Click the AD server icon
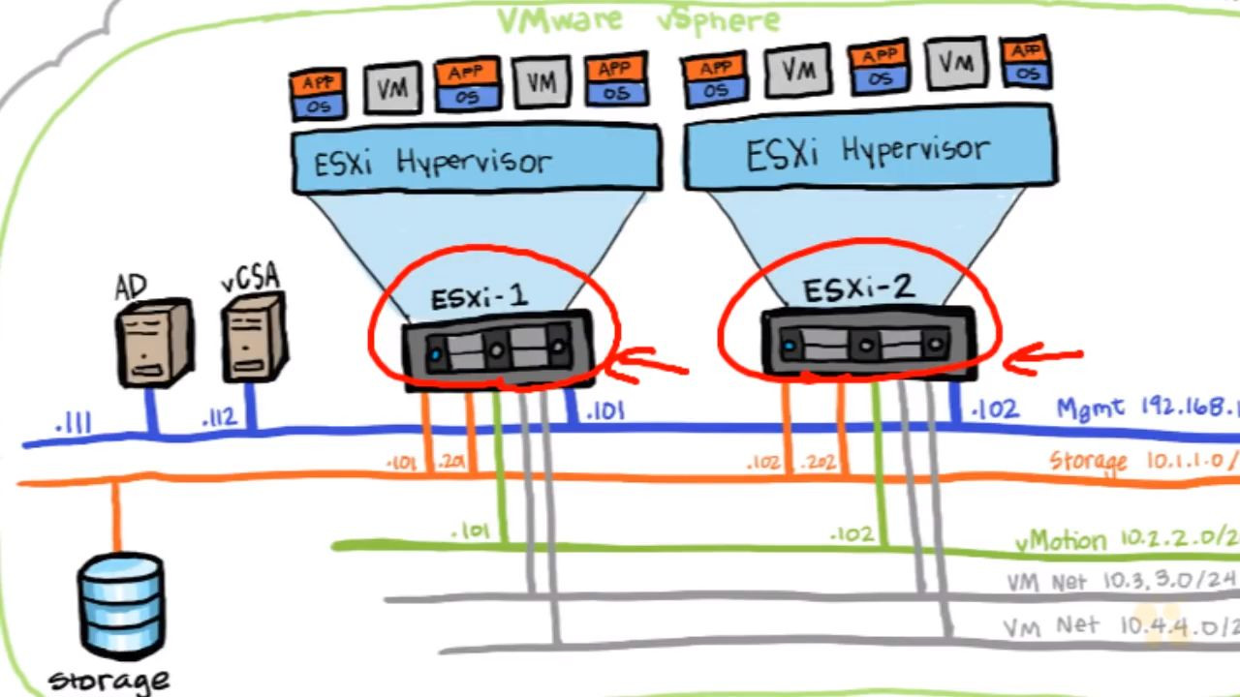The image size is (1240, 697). (x=152, y=340)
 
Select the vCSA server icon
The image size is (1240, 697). (x=254, y=338)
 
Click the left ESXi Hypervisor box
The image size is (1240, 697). (x=476, y=159)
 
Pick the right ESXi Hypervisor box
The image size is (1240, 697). (x=869, y=150)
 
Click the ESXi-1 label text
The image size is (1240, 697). (x=480, y=296)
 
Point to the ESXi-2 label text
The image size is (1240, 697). (x=856, y=288)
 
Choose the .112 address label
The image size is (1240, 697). (x=219, y=419)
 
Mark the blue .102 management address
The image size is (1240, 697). (x=995, y=409)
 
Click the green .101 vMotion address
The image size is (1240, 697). (x=471, y=531)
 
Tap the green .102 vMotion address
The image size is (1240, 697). (x=852, y=533)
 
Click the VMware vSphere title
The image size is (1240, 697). (x=638, y=19)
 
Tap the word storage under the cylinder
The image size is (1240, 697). (x=108, y=680)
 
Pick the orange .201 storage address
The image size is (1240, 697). (x=451, y=463)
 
